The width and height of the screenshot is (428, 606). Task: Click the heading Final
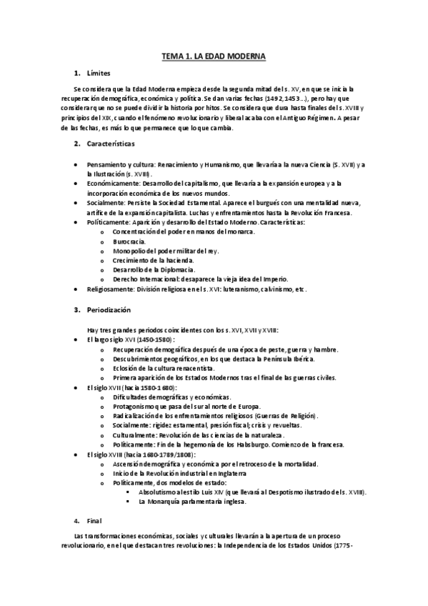tap(94, 520)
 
